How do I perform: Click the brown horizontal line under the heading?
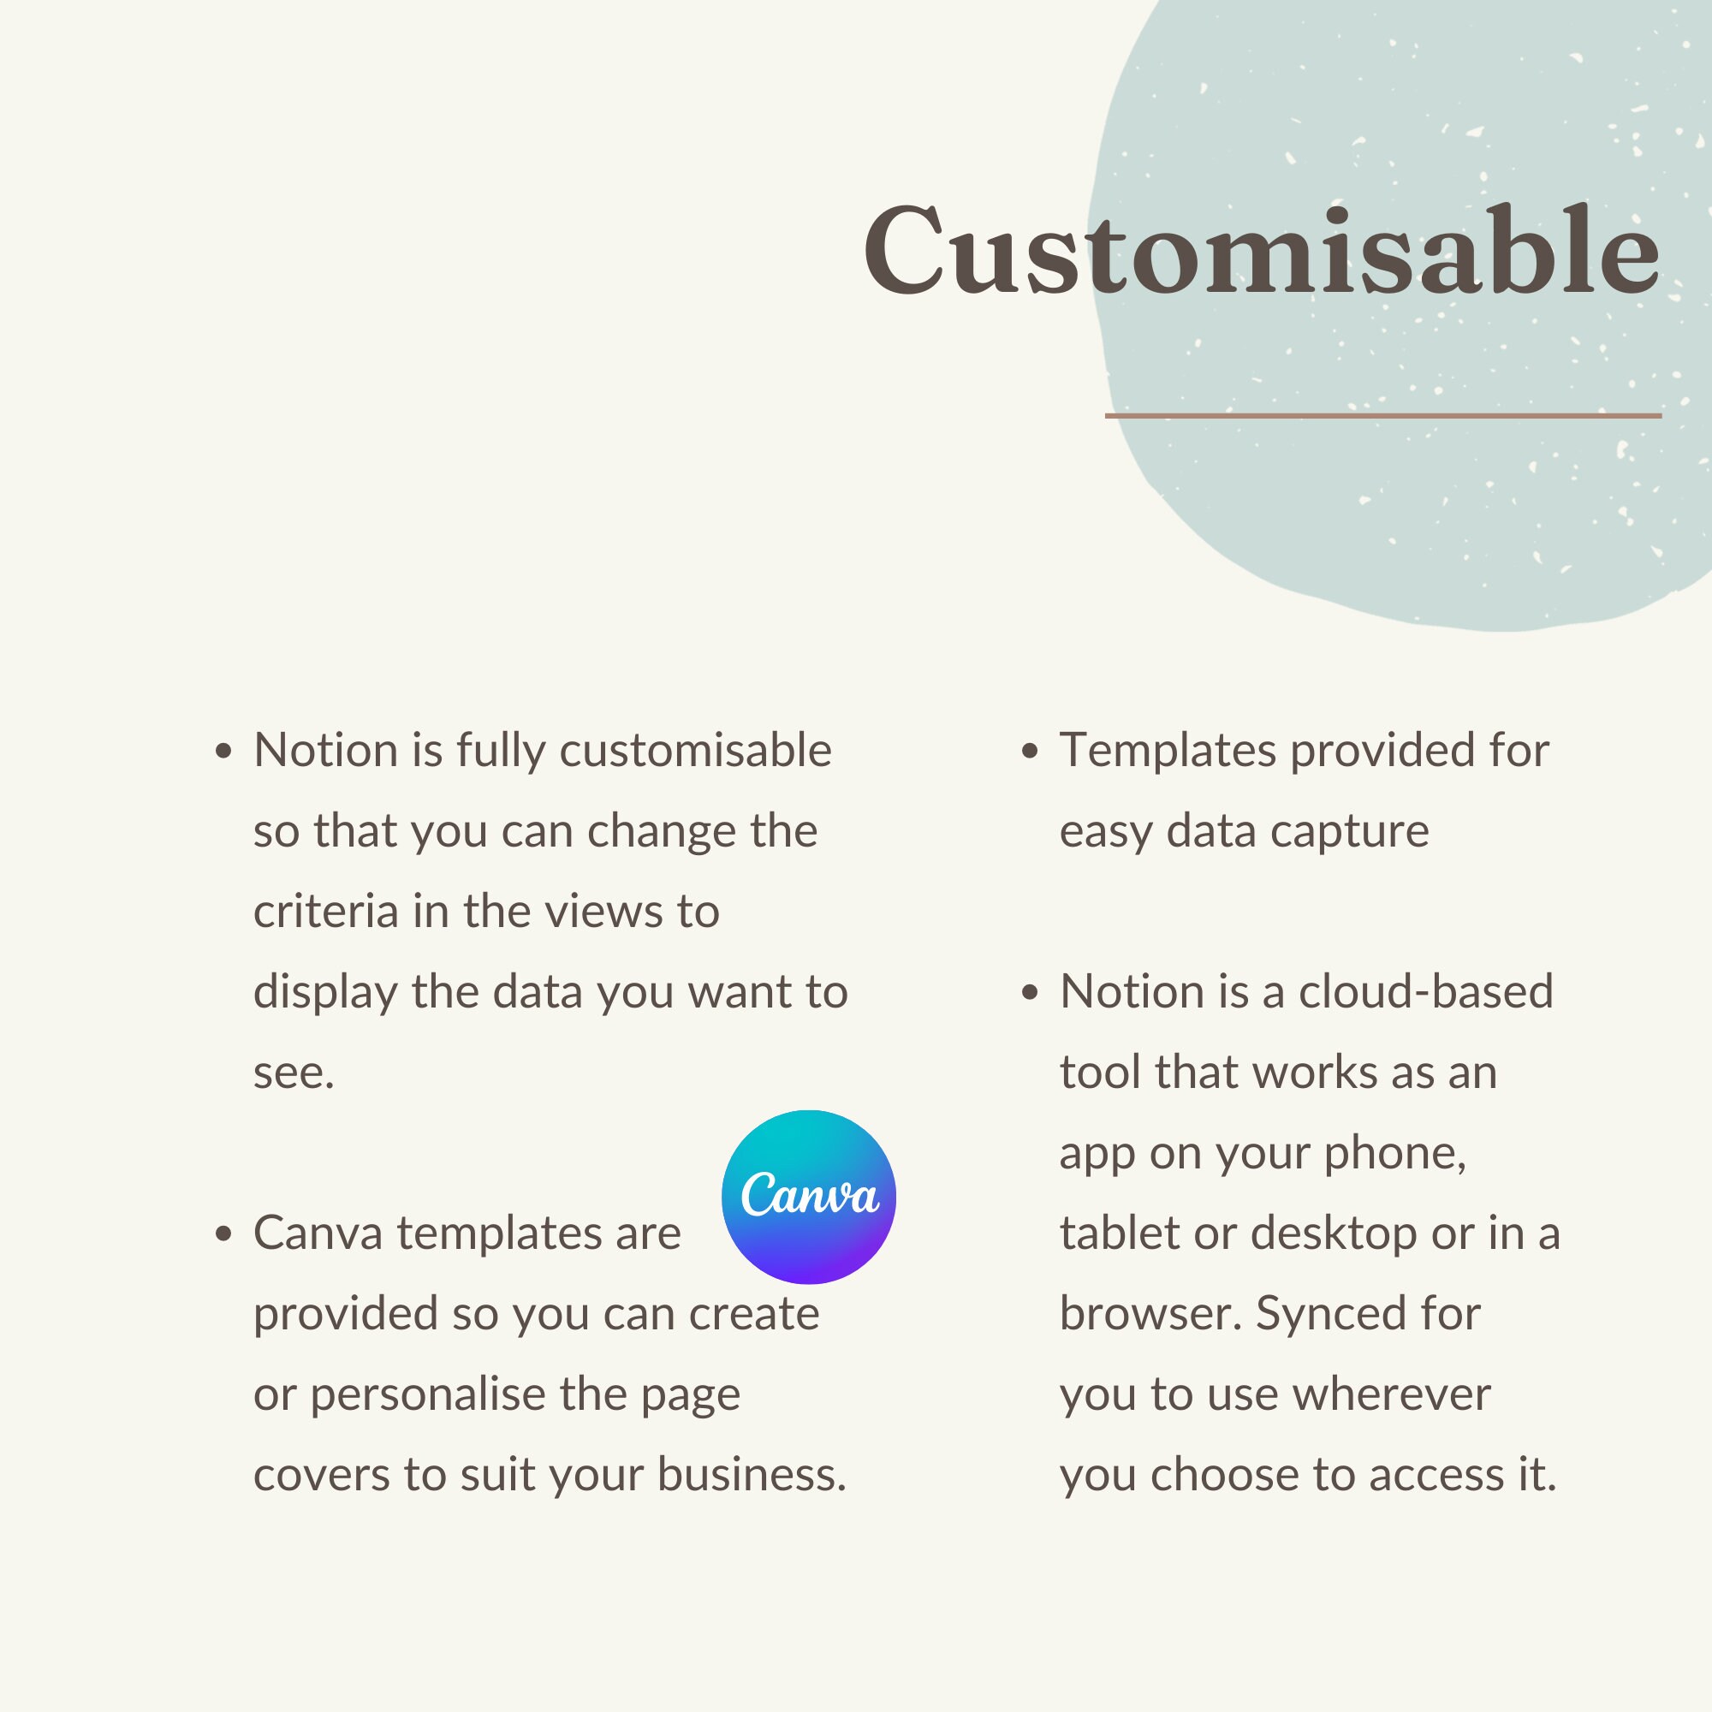tap(1382, 414)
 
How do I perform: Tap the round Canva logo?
tap(808, 1197)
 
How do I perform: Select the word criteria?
tap(325, 912)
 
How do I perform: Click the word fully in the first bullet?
tap(501, 752)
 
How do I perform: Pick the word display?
tap(324, 992)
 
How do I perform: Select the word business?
tap(751, 1476)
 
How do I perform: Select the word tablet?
tap(1118, 1233)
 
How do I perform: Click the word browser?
tap(1150, 1314)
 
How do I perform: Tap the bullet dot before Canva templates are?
tap(223, 1234)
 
